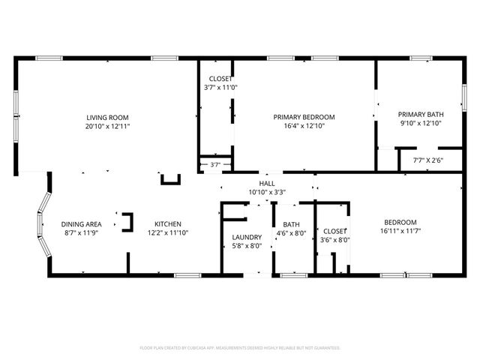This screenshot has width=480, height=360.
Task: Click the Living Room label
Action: pos(107,117)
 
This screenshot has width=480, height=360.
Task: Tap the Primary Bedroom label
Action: pos(304,117)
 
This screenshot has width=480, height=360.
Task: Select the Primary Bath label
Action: pos(420,115)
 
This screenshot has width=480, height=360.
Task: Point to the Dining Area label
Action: pos(81,224)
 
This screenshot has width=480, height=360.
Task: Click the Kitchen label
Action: pos(167,224)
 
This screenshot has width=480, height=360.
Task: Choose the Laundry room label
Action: pos(246,237)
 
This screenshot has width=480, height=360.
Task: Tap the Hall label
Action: pos(267,183)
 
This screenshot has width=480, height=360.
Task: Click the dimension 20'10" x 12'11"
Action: pos(107,127)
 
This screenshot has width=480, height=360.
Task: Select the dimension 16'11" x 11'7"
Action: pos(400,231)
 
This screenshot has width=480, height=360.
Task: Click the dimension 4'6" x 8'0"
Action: pos(290,233)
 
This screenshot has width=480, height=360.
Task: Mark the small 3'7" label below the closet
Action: pos(215,165)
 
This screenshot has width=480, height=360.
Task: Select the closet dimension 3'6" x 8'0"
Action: pos(334,240)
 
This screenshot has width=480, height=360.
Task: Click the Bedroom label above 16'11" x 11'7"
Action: pos(400,222)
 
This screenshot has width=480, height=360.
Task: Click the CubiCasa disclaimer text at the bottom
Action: pos(240,348)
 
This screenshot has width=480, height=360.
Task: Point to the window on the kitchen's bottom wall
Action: pos(187,275)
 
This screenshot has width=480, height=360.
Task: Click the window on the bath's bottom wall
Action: pos(293,275)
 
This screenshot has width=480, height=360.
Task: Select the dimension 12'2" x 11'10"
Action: pos(167,233)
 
